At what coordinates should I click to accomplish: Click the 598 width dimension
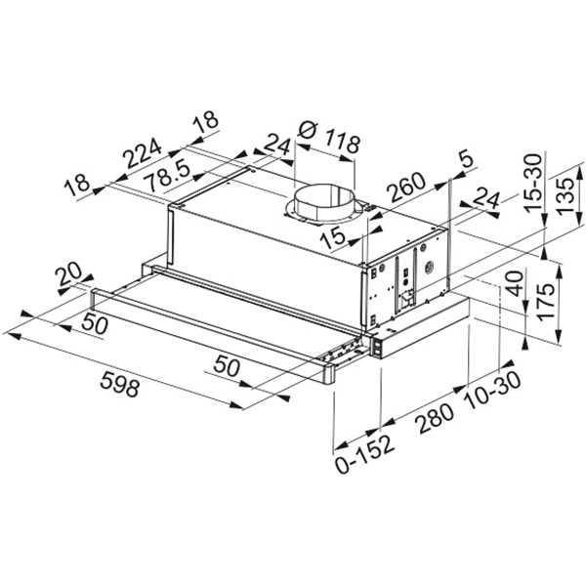(x=119, y=387)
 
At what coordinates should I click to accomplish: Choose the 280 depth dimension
(x=435, y=415)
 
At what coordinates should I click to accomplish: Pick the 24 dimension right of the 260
(x=484, y=197)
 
